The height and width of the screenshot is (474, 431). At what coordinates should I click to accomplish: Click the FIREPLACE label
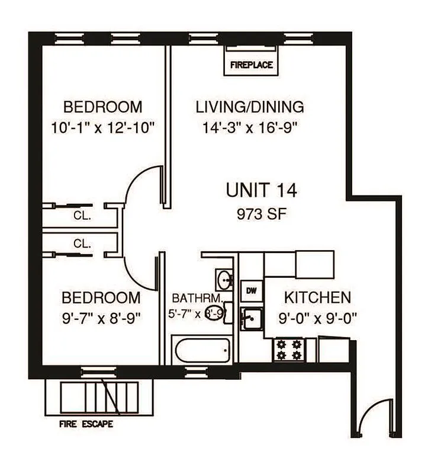[252, 65]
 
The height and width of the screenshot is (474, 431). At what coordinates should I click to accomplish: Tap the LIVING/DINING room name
[249, 107]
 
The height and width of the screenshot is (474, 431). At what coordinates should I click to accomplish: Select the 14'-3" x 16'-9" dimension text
[249, 126]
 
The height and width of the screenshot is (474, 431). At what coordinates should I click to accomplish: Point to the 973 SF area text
[261, 213]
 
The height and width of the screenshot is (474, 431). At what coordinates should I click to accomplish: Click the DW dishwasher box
[250, 290]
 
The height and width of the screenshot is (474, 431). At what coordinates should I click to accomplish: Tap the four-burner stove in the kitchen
[288, 349]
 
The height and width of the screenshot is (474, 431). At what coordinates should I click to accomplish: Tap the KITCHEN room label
[317, 297]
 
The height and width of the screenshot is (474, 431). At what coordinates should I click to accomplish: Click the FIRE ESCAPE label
[86, 424]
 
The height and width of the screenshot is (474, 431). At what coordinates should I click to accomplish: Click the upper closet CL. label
[82, 216]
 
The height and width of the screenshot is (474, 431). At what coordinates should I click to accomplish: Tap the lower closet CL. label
[82, 243]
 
